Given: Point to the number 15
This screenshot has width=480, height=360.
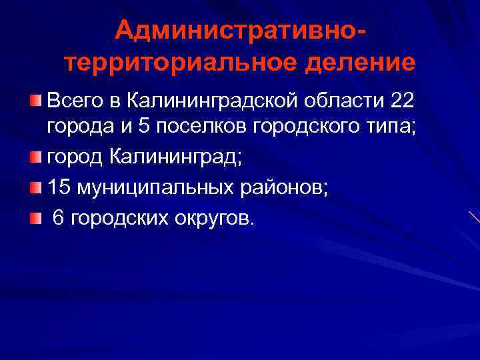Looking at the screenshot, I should [58, 188].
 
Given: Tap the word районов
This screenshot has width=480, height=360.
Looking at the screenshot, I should [283, 188].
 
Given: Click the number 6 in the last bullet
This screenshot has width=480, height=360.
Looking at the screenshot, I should [58, 218].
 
